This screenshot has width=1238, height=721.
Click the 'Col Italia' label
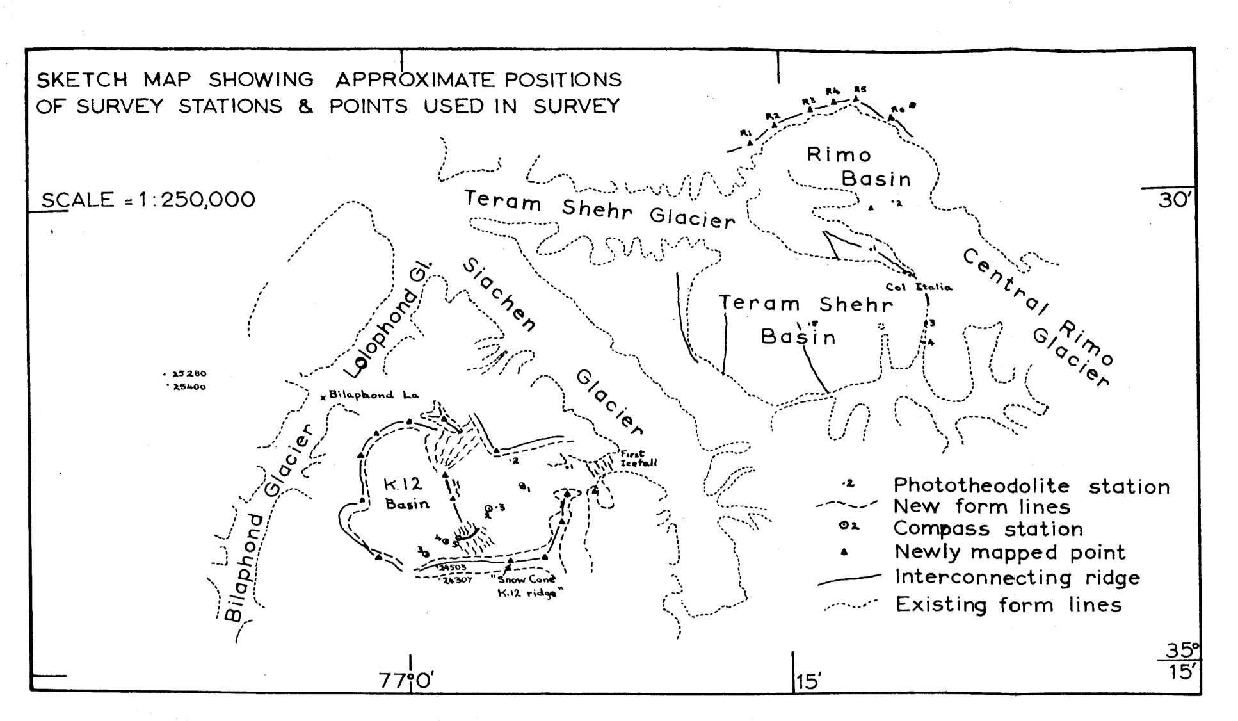coord(919,287)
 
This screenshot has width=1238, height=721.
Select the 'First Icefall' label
coord(638,458)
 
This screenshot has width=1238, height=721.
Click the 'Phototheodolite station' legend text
coord(1031,486)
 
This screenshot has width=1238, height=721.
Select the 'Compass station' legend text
coord(988,529)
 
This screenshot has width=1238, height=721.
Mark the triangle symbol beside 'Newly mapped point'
coord(845,552)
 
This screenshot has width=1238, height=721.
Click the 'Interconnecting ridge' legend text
coord(1017,578)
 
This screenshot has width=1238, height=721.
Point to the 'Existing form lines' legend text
coord(1008,604)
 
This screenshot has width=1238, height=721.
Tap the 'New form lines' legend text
coord(981,506)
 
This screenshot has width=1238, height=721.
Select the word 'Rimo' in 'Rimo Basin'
coord(838,155)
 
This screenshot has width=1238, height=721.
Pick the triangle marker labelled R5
coord(855,98)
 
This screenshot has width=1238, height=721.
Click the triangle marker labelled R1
coord(750,143)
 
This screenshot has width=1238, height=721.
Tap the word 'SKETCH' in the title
coord(82,80)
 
